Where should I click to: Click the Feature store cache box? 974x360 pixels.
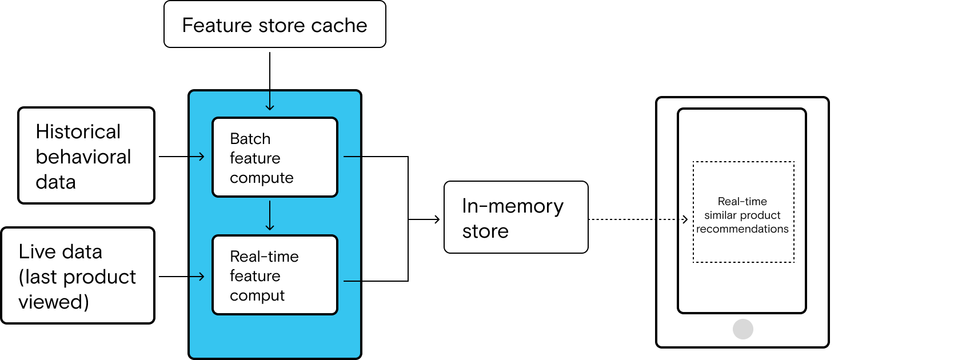coord(274,24)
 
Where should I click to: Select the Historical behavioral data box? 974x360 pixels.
coord(86,155)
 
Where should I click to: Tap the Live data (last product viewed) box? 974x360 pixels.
coord(77,275)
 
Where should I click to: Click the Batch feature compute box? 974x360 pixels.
coord(275,157)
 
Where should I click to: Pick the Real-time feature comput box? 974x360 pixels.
coord(275,275)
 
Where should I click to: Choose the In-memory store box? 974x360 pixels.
coord(516,217)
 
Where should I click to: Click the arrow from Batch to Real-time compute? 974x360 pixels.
coord(270,215)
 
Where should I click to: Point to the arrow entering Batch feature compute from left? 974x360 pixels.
coord(197,157)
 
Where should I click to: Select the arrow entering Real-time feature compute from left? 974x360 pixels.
coord(197,277)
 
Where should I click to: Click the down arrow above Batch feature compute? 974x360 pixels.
coord(270,102)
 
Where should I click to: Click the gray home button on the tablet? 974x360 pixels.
coord(743,329)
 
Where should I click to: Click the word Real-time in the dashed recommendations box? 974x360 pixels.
coord(742,201)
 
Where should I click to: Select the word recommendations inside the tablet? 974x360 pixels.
coord(742,229)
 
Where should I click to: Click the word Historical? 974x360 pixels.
coord(78,131)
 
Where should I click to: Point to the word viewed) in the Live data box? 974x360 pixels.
coord(54,302)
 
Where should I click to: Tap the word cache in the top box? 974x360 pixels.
coord(339,25)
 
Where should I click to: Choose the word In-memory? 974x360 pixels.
coord(512,206)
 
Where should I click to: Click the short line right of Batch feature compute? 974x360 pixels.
coord(352,156)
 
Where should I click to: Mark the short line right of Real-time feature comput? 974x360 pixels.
coord(352,281)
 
